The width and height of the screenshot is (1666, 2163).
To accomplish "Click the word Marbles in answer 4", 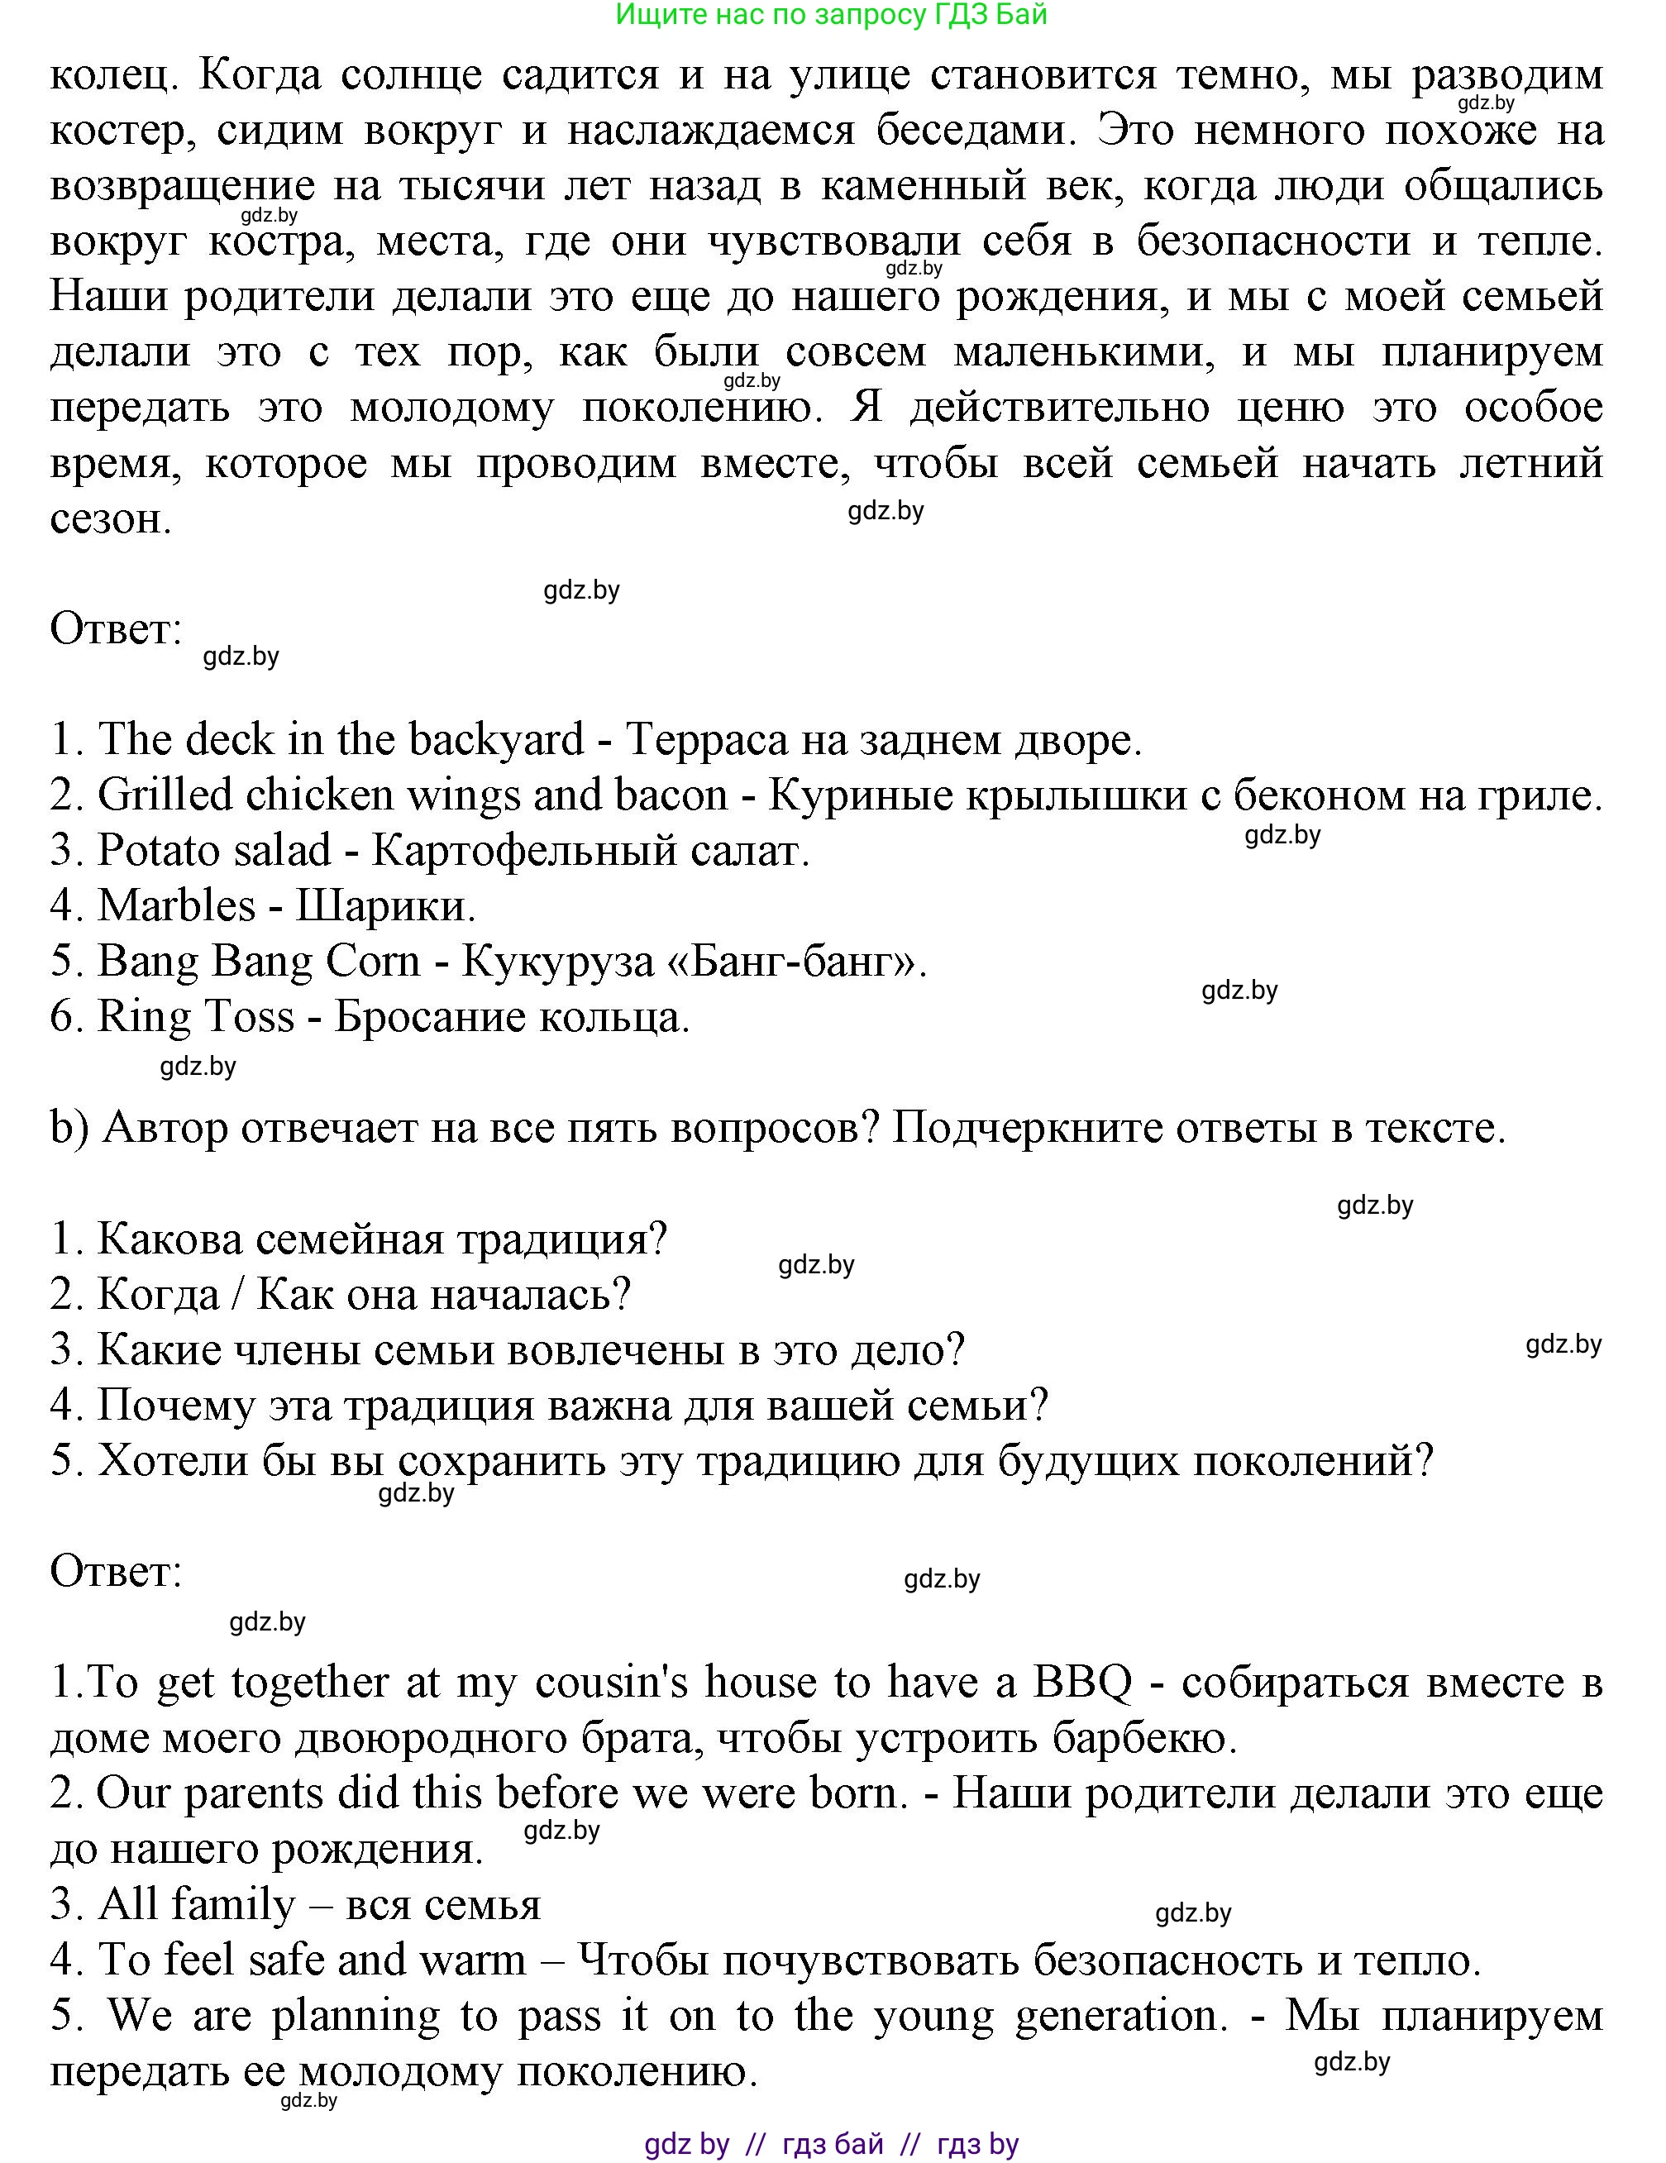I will point(176,905).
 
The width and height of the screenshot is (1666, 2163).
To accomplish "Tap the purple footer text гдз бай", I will point(832,2144).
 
